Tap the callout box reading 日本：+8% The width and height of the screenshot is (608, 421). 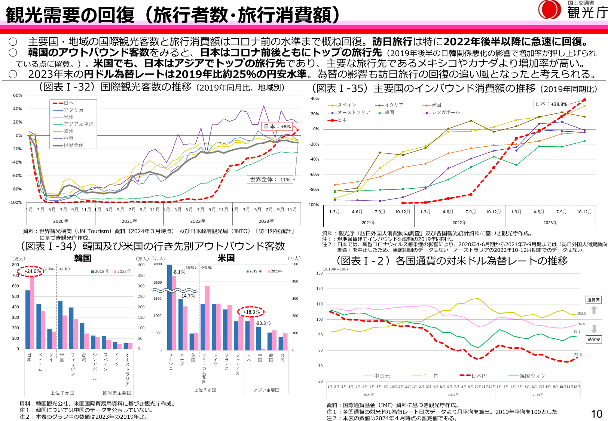(277, 126)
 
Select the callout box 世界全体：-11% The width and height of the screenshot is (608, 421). (270, 179)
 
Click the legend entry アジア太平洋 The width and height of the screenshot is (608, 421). (78, 124)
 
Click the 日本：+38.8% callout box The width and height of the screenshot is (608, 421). (551, 104)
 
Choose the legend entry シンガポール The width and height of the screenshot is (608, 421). (445, 112)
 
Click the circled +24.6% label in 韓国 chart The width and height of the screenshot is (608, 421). (32, 271)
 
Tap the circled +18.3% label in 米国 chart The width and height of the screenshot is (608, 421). (251, 312)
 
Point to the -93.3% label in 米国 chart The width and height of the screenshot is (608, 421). (263, 323)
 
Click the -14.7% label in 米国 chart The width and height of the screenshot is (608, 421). (187, 296)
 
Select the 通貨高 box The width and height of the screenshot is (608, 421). (593, 300)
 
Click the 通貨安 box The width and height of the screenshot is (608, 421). (593, 339)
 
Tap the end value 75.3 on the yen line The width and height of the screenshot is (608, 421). (578, 354)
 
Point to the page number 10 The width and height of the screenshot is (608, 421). (596, 414)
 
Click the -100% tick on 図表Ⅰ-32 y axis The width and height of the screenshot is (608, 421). (16, 202)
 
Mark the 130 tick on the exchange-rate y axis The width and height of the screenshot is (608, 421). (319, 273)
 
